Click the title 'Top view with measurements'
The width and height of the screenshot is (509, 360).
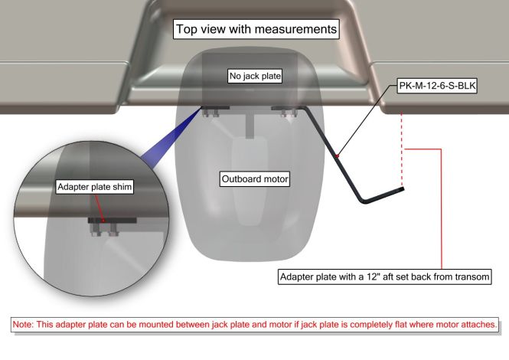click(256, 29)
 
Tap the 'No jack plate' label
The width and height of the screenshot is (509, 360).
click(255, 76)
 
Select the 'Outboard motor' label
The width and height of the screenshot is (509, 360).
click(255, 179)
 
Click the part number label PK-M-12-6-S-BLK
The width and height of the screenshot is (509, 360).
click(437, 86)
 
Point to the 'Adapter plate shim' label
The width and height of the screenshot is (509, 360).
click(94, 187)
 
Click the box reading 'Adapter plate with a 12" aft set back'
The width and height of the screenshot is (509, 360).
click(385, 277)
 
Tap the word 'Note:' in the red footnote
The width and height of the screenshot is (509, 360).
click(23, 324)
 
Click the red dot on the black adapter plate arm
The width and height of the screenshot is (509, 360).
click(338, 156)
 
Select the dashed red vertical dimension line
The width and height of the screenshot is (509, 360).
click(402, 149)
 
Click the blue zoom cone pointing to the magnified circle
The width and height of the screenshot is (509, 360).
click(171, 136)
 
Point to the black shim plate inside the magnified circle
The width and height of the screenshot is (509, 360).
click(112, 221)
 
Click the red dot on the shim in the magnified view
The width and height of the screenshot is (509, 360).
click(103, 221)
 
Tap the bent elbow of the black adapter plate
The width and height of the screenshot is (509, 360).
click(364, 201)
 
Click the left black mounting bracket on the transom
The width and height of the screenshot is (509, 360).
click(216, 107)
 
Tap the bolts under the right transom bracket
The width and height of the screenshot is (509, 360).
click(289, 113)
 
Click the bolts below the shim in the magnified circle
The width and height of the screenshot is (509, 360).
click(105, 230)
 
